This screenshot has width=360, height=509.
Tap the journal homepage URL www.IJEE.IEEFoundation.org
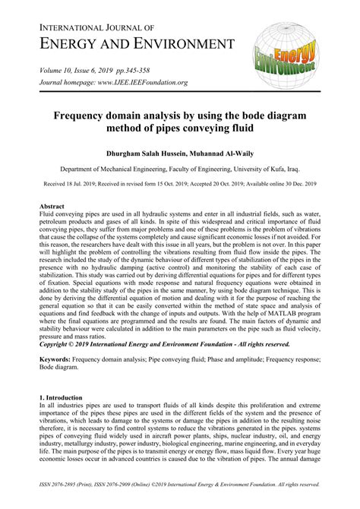tap(145, 82)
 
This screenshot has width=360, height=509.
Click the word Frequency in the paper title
tap(87, 117)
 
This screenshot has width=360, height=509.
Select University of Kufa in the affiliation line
tap(258, 171)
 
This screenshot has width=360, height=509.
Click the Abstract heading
tap(52, 207)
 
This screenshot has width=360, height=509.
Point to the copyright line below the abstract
tap(156, 344)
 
